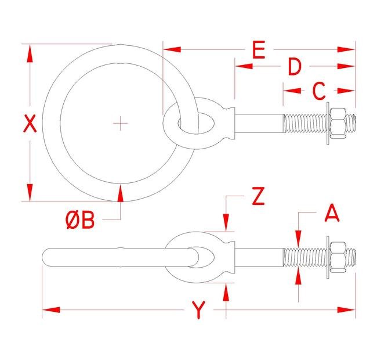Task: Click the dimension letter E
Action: [x=259, y=50]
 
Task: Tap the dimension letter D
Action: [x=295, y=67]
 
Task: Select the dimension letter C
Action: [x=319, y=91]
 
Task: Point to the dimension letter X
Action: [x=30, y=124]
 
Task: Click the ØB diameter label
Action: [x=80, y=220]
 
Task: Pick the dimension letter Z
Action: [x=258, y=196]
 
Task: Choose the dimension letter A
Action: [x=332, y=213]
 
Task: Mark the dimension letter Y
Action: [x=198, y=310]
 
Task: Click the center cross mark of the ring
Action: [x=121, y=123]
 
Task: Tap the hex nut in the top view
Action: [x=338, y=123]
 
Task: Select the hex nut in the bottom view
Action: [x=338, y=257]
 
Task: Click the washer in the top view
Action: [x=328, y=124]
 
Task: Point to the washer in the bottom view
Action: [x=328, y=257]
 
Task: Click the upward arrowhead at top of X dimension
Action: [x=30, y=53]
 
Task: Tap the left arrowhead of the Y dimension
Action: [x=51, y=309]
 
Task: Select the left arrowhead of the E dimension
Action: [x=172, y=49]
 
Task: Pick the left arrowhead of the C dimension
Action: [x=292, y=91]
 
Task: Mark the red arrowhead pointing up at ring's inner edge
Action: [x=121, y=193]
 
